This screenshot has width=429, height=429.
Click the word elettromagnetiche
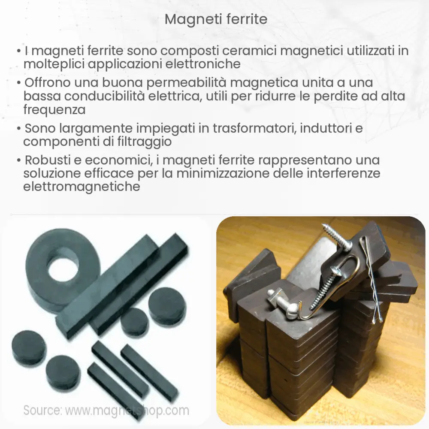[82, 187]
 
